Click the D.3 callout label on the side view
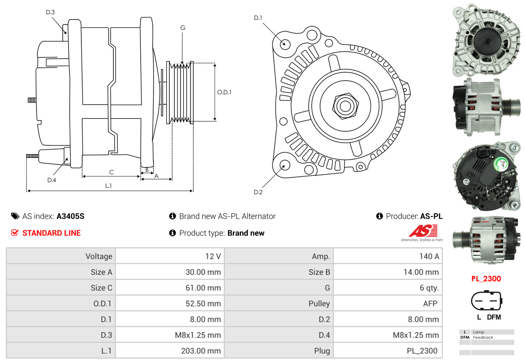coord(50,12)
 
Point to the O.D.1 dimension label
coord(224,92)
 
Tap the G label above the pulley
coord(183,28)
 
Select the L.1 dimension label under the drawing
coord(108,186)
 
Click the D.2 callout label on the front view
coord(258,192)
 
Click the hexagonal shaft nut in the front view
coord(345,106)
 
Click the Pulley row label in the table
coord(319,303)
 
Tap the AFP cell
coord(430,303)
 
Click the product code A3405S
coord(71,216)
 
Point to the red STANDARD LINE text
coord(51,233)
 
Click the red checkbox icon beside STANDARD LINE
coord(15,233)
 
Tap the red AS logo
coord(423,231)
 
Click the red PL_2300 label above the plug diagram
coord(486,278)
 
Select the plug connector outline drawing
coord(486,300)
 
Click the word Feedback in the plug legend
coord(483,337)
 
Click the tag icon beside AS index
coord(15,216)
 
